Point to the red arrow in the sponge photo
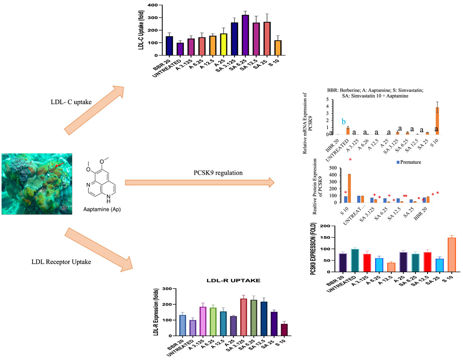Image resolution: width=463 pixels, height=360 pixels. point(59,165)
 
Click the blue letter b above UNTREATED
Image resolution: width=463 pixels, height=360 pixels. point(344,122)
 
